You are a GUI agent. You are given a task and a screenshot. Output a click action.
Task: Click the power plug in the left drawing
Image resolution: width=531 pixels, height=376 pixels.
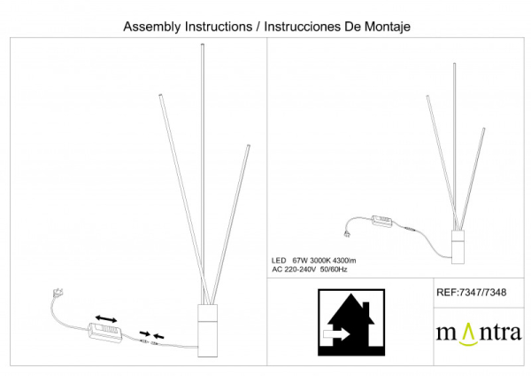[59, 291]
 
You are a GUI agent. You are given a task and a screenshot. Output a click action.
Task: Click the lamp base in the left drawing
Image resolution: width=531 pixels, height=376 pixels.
[205, 329]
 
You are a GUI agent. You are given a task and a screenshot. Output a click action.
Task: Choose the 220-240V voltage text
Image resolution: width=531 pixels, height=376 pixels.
[306, 267]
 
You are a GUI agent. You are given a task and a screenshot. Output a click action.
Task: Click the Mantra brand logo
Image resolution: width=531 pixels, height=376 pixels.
[478, 333]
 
